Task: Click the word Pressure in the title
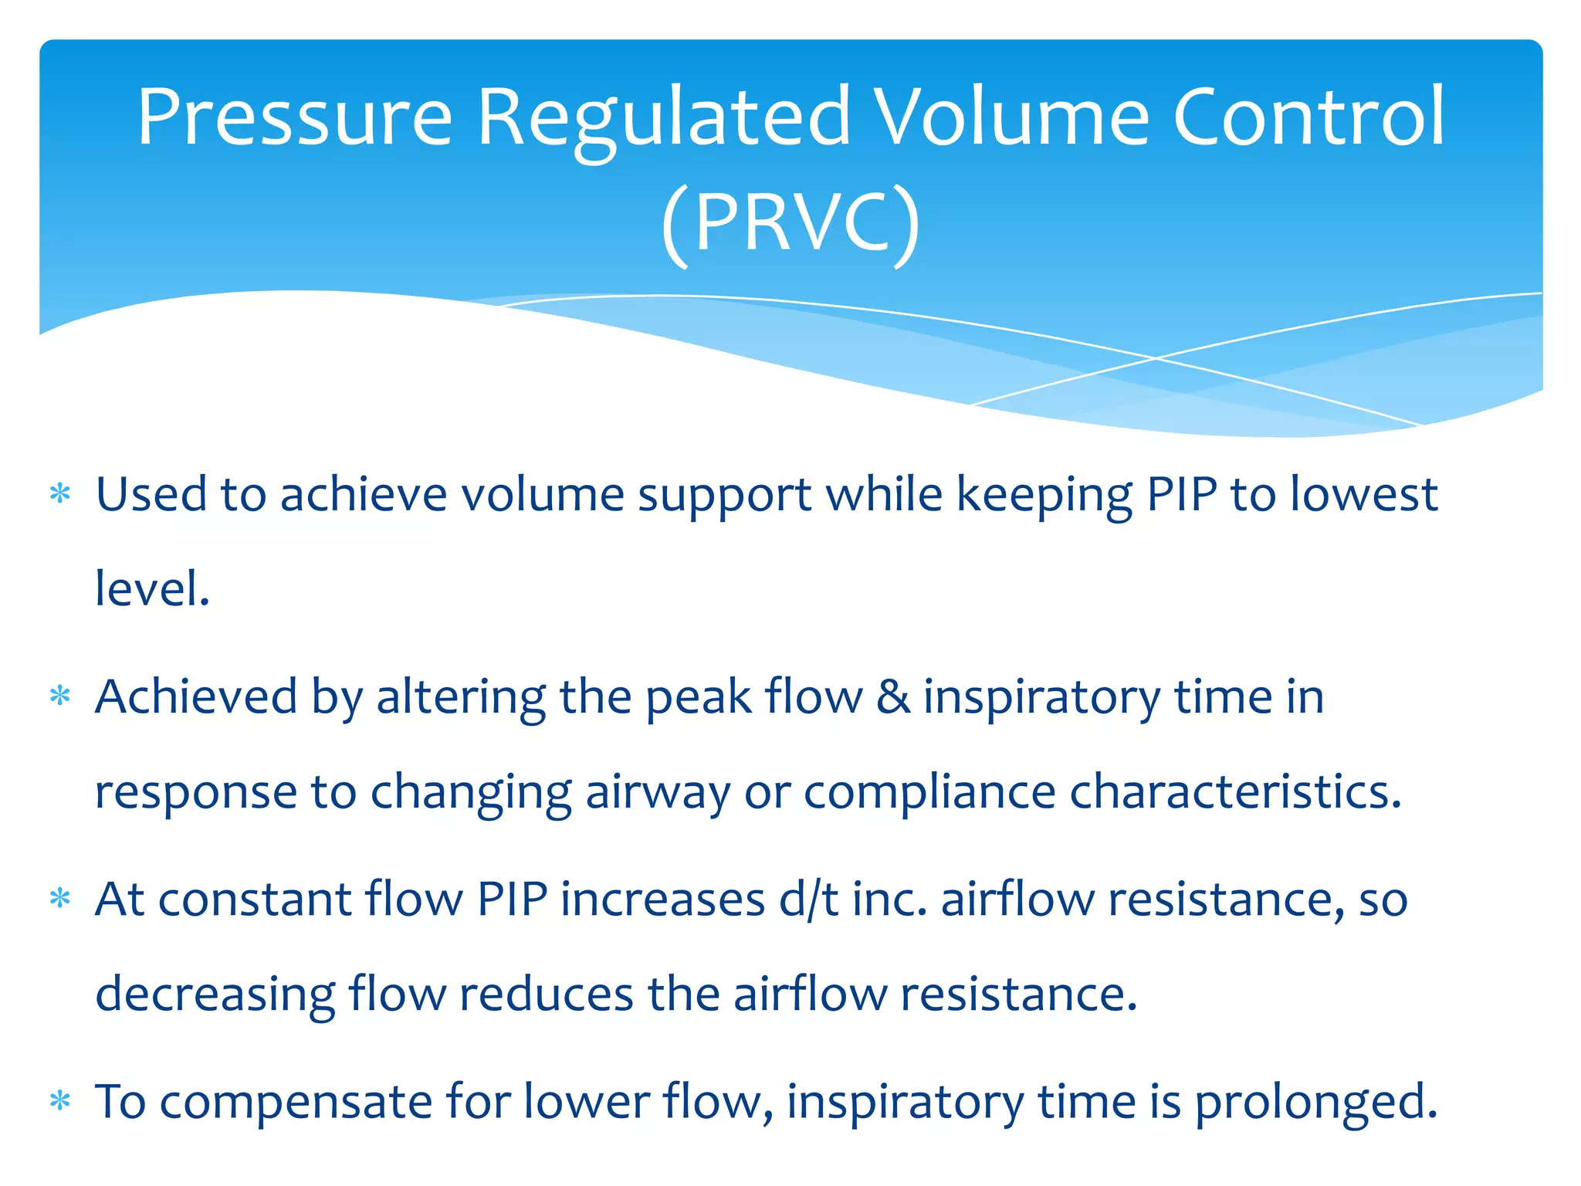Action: [294, 117]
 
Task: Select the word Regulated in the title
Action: [664, 117]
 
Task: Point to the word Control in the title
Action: [1308, 117]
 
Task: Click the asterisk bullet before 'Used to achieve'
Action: [60, 494]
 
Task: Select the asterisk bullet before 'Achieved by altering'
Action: [60, 697]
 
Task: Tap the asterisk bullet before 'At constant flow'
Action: [60, 900]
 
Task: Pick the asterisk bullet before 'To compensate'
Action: [60, 1102]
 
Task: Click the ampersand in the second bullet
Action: [893, 697]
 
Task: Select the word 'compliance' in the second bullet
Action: [929, 793]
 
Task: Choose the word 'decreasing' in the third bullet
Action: [215, 995]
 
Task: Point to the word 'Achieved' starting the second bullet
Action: [196, 697]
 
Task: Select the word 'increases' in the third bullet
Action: [662, 900]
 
